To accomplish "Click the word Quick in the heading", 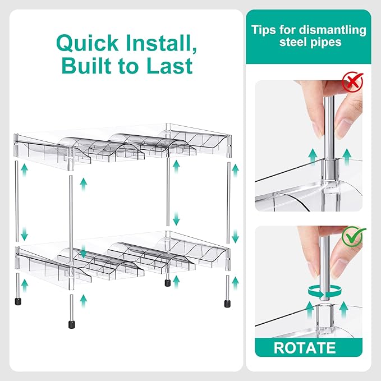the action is (87, 43).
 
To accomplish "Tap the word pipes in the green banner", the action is (326, 43).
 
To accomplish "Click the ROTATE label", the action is (305, 348).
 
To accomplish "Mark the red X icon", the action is (352, 82).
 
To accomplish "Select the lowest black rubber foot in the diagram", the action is (72, 325).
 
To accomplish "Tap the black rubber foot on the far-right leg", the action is (227, 304).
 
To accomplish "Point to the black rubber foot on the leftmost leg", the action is (18, 301).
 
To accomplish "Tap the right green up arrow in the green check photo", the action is (343, 310).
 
